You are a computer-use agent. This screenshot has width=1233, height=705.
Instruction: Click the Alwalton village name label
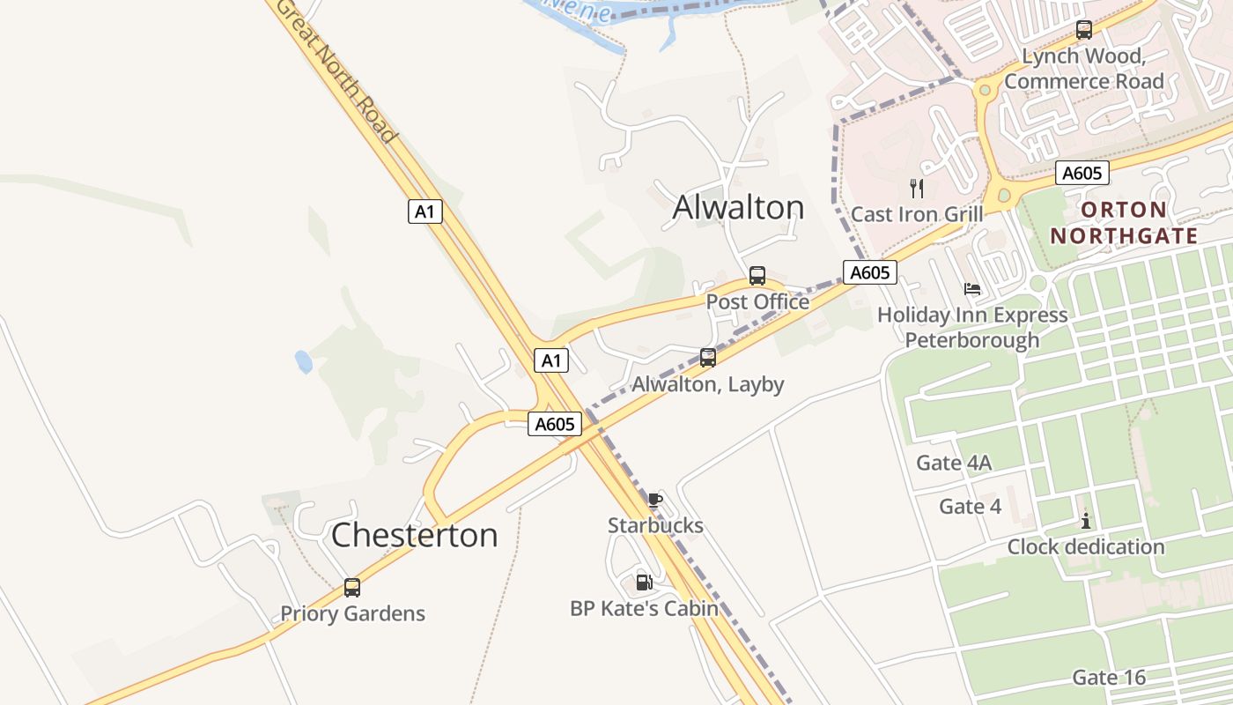[738, 207]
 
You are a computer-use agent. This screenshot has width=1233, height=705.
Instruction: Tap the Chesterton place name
[414, 535]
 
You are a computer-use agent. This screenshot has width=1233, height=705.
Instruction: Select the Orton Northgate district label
[1124, 223]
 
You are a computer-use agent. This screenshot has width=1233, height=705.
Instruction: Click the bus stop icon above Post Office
[757, 276]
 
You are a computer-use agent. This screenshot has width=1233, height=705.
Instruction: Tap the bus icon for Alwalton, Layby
[708, 358]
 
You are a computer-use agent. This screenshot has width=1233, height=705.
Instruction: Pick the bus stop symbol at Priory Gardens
[352, 588]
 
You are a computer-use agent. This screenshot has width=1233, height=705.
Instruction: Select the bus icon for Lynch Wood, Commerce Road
[1084, 30]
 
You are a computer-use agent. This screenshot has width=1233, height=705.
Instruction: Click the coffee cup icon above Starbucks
[654, 501]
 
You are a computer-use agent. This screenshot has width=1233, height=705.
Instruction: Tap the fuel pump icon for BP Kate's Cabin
[644, 583]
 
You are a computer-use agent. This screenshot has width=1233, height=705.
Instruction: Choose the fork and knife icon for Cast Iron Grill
[917, 188]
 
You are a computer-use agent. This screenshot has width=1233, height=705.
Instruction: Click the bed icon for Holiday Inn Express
[972, 289]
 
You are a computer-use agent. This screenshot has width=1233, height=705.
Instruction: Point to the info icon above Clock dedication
[1086, 522]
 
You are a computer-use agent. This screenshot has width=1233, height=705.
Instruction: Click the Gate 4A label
[954, 463]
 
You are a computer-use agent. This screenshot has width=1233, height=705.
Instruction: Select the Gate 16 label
[1109, 678]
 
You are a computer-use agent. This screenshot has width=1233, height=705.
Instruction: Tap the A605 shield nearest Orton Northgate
[1082, 173]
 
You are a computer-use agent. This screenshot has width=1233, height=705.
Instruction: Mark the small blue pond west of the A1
[304, 361]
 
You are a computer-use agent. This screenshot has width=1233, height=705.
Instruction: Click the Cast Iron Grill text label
[917, 214]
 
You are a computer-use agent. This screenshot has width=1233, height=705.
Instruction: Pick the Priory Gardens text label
[352, 613]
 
